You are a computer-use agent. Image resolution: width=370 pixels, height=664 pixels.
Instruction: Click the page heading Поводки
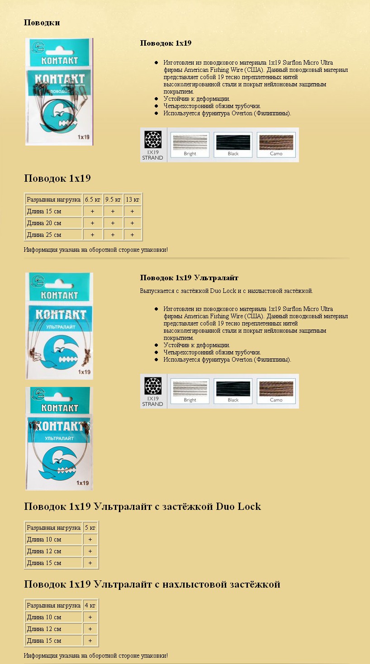tap(42, 23)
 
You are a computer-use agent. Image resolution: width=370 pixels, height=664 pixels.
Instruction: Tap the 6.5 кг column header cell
tap(92, 199)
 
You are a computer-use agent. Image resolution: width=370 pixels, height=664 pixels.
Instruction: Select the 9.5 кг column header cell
tap(113, 199)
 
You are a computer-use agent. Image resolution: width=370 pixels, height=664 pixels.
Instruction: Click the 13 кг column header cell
tap(133, 199)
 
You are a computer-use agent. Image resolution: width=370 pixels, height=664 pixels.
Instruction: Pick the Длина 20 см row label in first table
tap(44, 223)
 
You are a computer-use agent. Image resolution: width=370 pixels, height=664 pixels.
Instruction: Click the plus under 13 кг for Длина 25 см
tap(133, 235)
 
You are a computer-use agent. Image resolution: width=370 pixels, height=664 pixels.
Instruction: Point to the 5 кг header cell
tap(90, 527)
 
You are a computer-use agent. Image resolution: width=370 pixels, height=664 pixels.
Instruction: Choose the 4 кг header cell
tap(90, 605)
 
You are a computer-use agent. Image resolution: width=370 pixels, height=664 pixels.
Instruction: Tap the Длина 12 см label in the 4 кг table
tap(44, 629)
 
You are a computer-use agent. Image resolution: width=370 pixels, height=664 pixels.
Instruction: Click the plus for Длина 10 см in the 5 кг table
tap(90, 539)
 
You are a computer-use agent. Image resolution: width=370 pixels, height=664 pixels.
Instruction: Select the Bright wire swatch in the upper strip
tap(190, 144)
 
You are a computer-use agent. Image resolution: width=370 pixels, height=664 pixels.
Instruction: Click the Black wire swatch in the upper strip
tap(233, 144)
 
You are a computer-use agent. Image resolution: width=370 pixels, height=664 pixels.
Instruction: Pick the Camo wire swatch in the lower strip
tap(276, 391)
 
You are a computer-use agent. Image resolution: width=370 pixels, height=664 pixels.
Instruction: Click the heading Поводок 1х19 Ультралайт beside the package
tap(189, 278)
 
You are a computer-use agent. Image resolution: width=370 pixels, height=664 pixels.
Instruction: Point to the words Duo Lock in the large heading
tap(238, 506)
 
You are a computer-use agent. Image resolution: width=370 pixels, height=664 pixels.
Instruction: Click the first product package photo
tap(59, 92)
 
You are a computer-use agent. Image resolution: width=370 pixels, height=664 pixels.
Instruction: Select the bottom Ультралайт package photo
tap(59, 438)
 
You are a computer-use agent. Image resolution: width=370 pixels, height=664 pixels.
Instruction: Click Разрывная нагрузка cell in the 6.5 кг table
tap(53, 199)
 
